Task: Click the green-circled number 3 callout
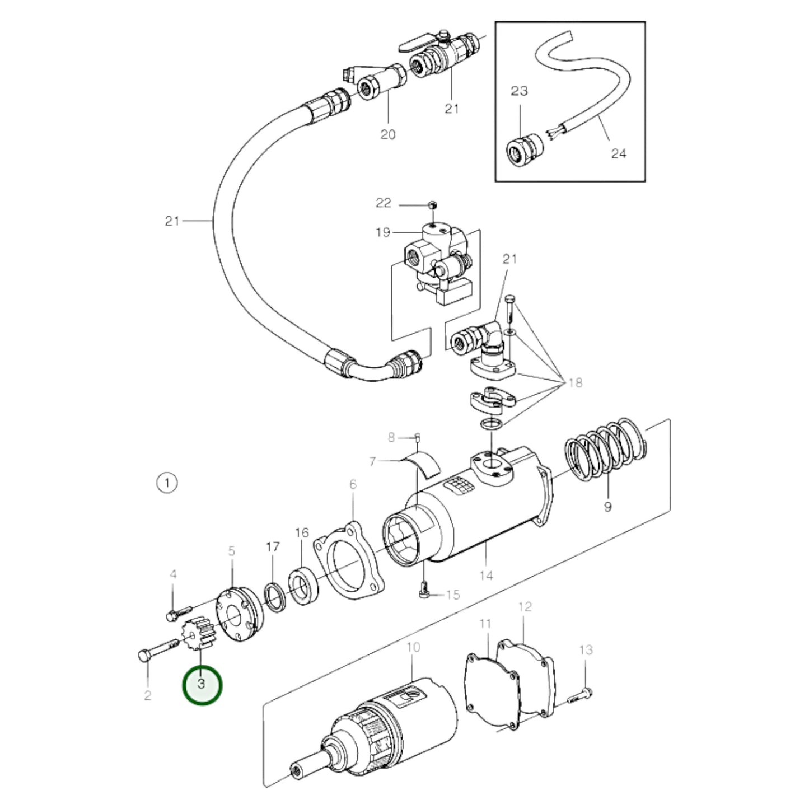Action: pos(202,684)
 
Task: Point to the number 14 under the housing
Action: pos(487,574)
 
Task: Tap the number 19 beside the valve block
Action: pos(383,232)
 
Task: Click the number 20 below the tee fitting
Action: pos(387,134)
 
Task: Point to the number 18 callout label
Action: pos(574,382)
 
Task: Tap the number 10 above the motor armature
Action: pos(413,647)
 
